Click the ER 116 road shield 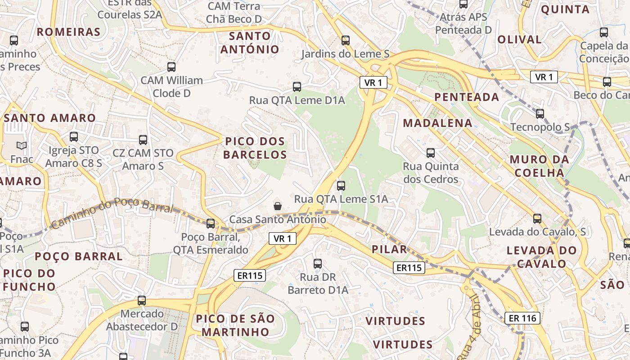point(522,318)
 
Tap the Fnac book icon point(22,145)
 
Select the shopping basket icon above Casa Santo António point(278,206)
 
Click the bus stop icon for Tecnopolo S point(540,113)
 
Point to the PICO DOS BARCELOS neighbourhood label point(255,148)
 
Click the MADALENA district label point(437,123)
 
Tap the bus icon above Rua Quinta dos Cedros point(431,153)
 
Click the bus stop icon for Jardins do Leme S point(345,40)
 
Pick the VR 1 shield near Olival point(544,77)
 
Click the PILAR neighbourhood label point(389,249)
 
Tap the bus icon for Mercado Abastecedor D point(142,300)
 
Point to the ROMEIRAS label point(68,32)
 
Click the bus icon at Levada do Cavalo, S point(537,219)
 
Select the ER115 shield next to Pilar point(409,268)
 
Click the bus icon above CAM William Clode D point(171,67)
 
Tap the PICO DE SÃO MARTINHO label point(235,325)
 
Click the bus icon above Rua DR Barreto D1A point(318,264)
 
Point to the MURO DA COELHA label point(539,166)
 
